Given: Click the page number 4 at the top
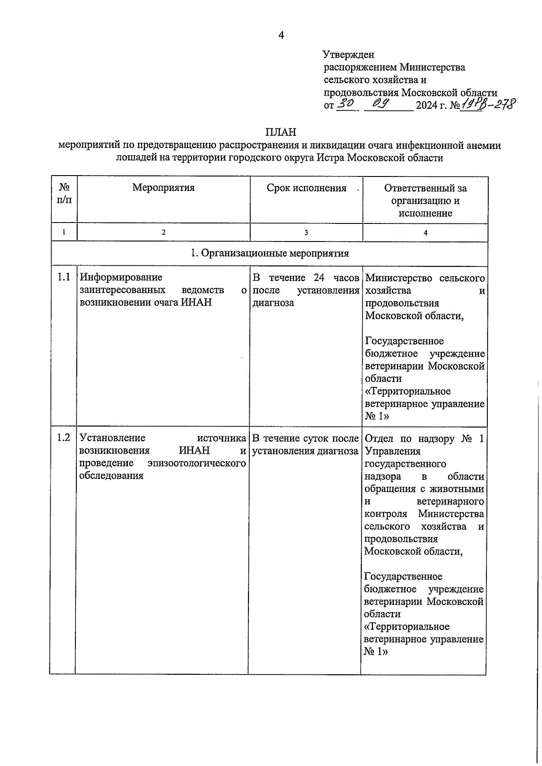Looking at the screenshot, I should tap(281, 35).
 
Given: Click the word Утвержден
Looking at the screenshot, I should tap(349, 55).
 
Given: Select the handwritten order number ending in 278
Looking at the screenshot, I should tap(487, 105).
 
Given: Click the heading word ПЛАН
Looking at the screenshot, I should tap(280, 132).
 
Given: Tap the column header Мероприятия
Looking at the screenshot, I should tap(164, 188).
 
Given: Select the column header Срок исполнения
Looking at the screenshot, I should tap(306, 188).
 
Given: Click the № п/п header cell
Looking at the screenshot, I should tap(64, 194).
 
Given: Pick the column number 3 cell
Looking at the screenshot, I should tap(306, 232).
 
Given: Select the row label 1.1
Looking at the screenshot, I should tap(64, 277).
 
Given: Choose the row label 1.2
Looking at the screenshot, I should tap(64, 437).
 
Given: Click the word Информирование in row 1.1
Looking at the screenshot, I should tap(121, 277).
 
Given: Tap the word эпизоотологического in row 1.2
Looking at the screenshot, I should tap(196, 463).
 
